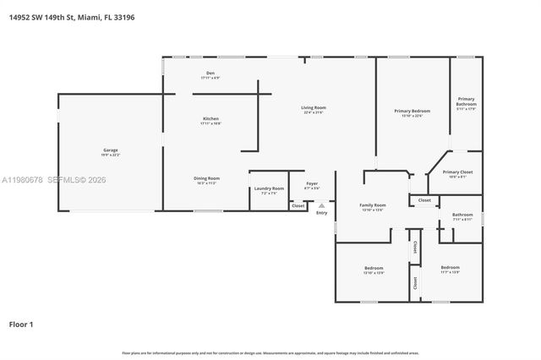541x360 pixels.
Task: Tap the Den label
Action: pyautogui.click(x=210, y=74)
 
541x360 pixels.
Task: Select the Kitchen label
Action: pyautogui.click(x=210, y=118)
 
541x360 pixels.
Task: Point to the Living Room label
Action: pyautogui.click(x=314, y=107)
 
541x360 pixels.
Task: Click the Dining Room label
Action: pyautogui.click(x=207, y=178)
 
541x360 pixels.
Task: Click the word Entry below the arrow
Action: pyautogui.click(x=321, y=212)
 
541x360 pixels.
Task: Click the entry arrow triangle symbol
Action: pyautogui.click(x=321, y=205)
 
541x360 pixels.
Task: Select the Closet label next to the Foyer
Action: pyautogui.click(x=298, y=205)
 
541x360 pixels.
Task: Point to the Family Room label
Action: pyautogui.click(x=373, y=205)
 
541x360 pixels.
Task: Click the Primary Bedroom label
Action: pyautogui.click(x=412, y=111)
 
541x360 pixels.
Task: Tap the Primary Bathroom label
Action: pyautogui.click(x=467, y=101)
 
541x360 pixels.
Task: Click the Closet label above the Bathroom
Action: pyautogui.click(x=424, y=200)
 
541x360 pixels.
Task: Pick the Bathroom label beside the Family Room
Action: pyautogui.click(x=462, y=215)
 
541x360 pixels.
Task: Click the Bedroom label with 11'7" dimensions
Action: pyautogui.click(x=450, y=268)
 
